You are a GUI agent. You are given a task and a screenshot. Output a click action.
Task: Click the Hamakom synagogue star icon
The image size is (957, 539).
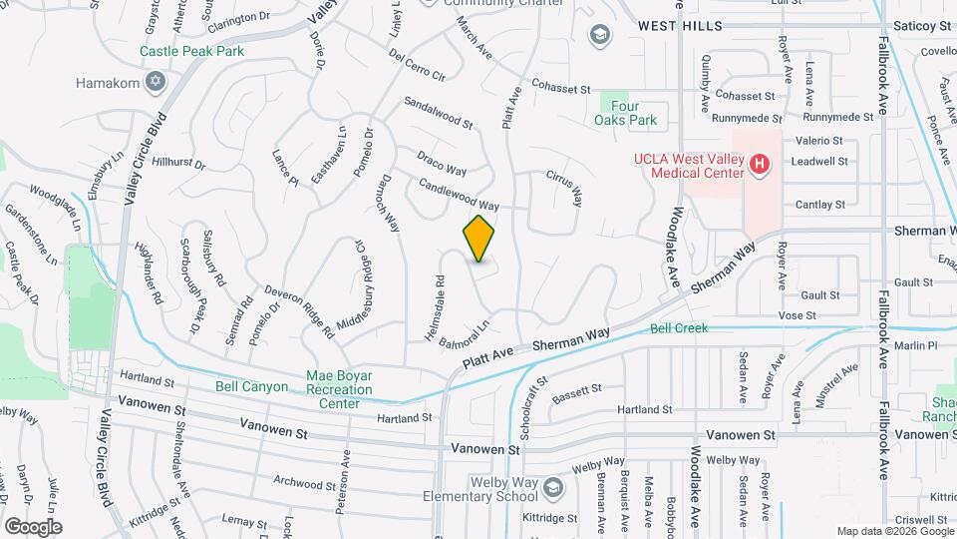tap(155, 81)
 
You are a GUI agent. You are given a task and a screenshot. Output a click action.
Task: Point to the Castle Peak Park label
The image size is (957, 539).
tap(191, 50)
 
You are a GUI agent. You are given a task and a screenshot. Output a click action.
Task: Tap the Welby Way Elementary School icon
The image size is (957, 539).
tap(554, 487)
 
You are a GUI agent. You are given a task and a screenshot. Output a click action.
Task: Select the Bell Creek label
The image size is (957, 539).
tap(678, 327)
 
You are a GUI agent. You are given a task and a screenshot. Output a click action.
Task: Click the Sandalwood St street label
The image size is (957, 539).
tap(438, 114)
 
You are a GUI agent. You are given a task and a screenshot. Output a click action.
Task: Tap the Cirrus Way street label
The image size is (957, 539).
tap(563, 187)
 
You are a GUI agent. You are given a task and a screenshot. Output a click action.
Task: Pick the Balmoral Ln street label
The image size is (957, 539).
tap(466, 334)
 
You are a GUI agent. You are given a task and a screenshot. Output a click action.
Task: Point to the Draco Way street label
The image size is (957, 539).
tap(442, 163)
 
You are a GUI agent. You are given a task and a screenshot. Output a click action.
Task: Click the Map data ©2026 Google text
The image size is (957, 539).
tap(893, 531)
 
